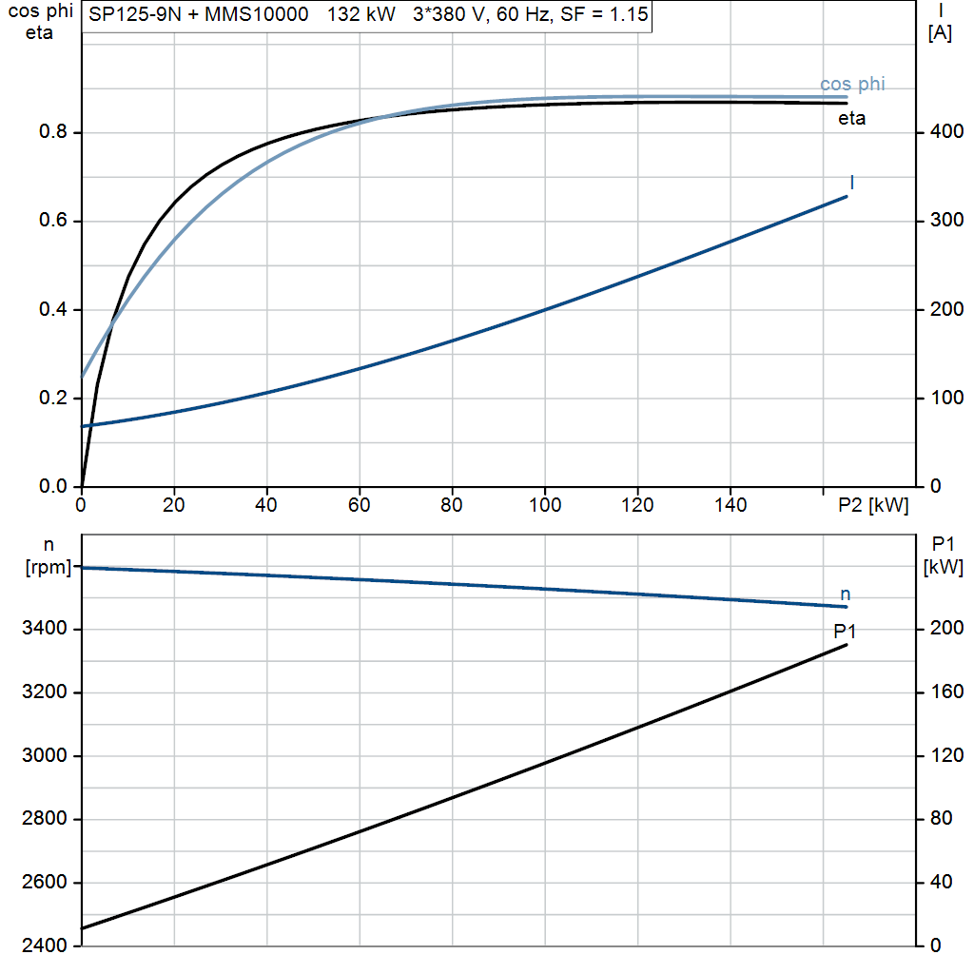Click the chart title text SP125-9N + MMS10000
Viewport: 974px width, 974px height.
(198, 13)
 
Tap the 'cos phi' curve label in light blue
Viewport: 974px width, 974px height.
(852, 84)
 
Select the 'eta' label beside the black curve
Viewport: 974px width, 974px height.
(851, 118)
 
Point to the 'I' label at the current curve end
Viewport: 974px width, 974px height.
(851, 182)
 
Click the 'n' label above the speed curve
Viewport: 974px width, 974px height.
(845, 594)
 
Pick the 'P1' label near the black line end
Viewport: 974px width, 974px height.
(845, 632)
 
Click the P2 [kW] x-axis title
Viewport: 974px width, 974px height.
(873, 505)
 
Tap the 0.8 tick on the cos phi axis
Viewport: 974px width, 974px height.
(53, 131)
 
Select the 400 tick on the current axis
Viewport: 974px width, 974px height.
(946, 131)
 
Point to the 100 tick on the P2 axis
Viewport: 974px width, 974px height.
(545, 505)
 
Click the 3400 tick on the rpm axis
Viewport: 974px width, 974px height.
(44, 628)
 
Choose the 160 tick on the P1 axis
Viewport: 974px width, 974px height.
(946, 692)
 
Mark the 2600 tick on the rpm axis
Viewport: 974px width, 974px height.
(44, 882)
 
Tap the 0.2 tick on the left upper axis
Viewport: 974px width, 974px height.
(53, 398)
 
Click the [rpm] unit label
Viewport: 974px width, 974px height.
(49, 567)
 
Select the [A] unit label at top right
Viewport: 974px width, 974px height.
(940, 32)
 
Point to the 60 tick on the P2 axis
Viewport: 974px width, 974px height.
(359, 505)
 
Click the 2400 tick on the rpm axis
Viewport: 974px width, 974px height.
(44, 945)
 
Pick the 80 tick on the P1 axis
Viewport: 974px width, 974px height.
(941, 818)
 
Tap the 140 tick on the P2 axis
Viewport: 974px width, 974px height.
(730, 505)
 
